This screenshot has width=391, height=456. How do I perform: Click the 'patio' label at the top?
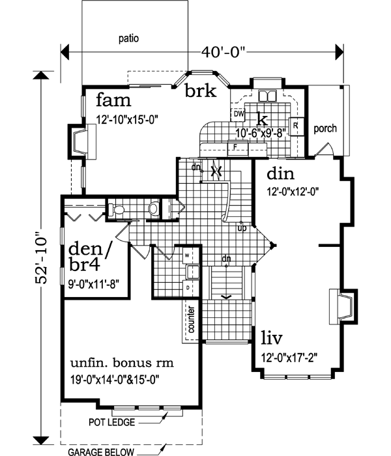(x=129, y=38)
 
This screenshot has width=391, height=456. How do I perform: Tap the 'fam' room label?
(x=115, y=101)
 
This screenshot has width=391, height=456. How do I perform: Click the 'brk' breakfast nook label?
(x=199, y=91)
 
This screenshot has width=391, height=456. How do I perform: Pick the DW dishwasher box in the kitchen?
(x=239, y=113)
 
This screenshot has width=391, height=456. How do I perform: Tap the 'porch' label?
(x=324, y=128)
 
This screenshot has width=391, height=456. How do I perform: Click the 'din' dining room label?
(x=282, y=175)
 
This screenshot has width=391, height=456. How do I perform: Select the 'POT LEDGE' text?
(x=111, y=422)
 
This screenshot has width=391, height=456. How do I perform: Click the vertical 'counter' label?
(x=192, y=322)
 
